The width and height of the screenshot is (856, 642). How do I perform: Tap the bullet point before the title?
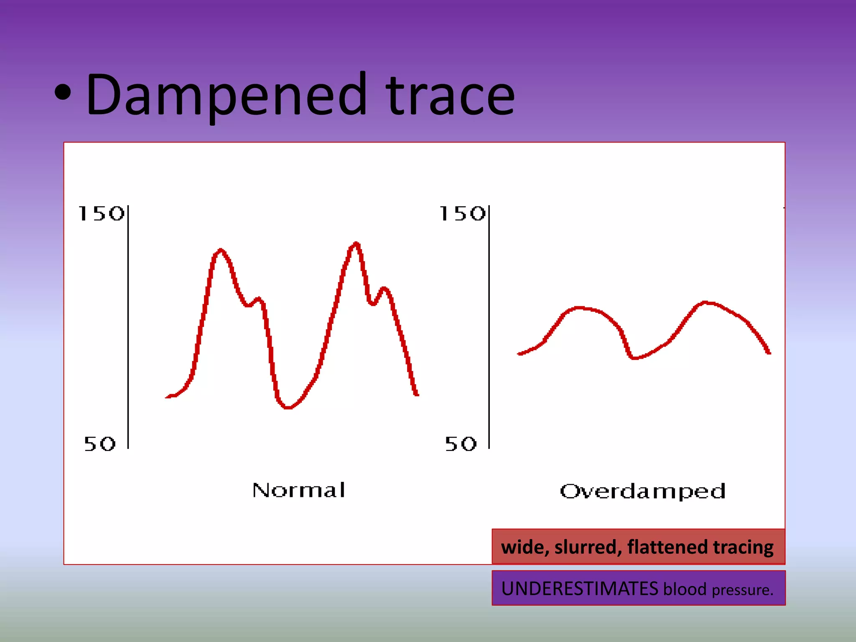63,93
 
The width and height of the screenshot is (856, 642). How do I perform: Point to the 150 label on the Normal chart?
101,214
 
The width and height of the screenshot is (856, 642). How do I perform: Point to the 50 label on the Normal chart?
99,444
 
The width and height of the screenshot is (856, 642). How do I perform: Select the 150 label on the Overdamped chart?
462,214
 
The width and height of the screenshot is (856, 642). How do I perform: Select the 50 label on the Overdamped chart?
461,444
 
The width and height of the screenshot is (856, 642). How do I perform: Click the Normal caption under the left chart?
299,490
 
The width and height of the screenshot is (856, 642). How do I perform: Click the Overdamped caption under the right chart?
642,492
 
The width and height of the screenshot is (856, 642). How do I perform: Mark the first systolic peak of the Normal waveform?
221,251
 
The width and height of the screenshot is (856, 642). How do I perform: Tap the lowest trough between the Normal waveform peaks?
288,406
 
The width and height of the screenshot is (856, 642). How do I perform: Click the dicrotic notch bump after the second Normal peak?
384,288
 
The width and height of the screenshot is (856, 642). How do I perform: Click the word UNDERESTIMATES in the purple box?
579,588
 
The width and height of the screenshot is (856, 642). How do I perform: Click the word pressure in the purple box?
742,590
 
